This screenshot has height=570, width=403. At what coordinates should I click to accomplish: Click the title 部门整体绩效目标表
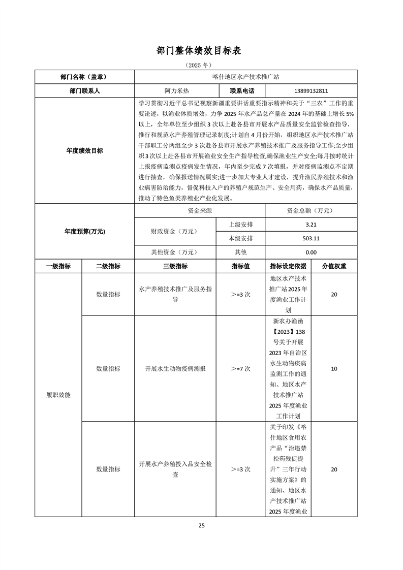(x=201, y=51)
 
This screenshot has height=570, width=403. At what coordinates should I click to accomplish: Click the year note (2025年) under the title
(x=201, y=66)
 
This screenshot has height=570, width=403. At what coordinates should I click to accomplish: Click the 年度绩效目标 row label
(x=84, y=151)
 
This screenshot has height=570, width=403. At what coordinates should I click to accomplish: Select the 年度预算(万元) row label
(x=84, y=231)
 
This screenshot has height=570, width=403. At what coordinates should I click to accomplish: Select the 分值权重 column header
(x=334, y=266)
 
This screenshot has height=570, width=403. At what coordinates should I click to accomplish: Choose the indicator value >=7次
(x=241, y=369)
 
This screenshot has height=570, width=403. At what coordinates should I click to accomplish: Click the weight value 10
(x=334, y=369)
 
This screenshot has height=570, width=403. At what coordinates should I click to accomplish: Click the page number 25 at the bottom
(x=201, y=526)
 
